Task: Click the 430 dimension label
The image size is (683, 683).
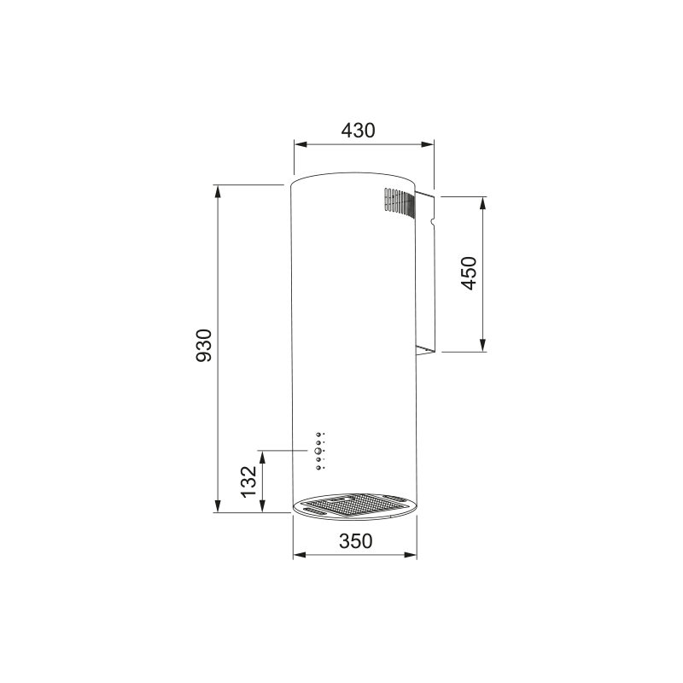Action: click(358, 131)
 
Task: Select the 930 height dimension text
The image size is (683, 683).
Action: click(203, 345)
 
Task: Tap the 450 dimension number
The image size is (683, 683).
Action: click(469, 273)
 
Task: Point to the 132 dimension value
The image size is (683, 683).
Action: click(249, 482)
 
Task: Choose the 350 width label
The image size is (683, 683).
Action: click(356, 541)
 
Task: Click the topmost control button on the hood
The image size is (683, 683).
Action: click(318, 435)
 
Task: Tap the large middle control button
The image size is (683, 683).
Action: click(318, 451)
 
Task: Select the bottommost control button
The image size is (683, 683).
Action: click(318, 467)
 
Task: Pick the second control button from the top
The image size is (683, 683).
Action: click(318, 442)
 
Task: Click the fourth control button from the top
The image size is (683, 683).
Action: click(318, 459)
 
